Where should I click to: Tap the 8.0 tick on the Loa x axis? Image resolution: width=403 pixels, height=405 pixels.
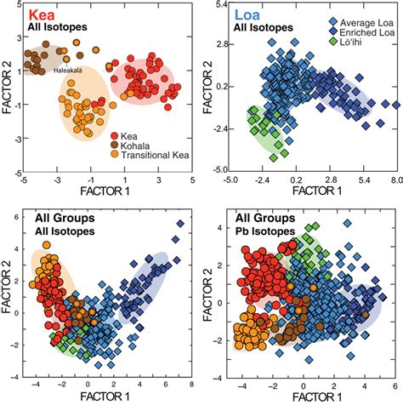pyautogui.click(x=395, y=180)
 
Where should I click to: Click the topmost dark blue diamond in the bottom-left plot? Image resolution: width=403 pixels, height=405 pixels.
pyautogui.click(x=179, y=223)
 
